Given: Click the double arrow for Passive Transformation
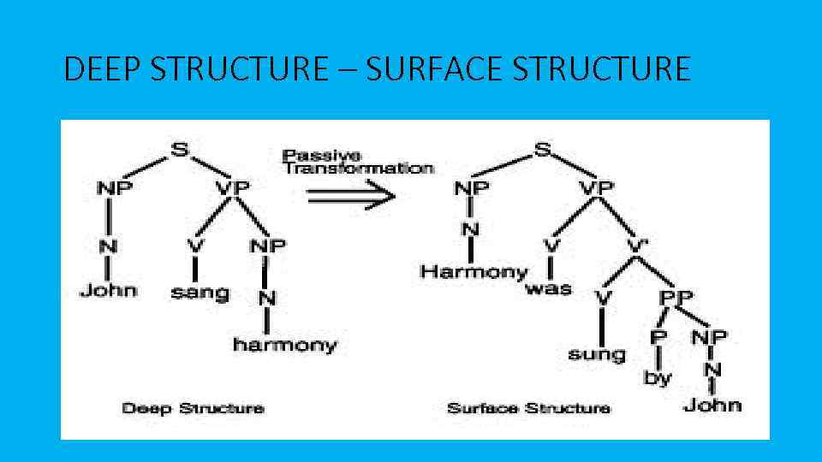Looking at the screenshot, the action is pos(351,195).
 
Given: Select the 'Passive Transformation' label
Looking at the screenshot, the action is pos(358,162).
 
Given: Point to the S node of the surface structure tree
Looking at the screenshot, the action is pos(543,151).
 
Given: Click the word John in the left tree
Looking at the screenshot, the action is pos(108,290).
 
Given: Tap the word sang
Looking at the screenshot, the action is pos(200,292).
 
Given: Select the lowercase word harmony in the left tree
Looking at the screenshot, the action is pos(284,345).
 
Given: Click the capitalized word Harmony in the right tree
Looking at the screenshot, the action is pos(474,272).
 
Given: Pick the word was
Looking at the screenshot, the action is pos(548,288).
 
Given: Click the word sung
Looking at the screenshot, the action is pos(597,353).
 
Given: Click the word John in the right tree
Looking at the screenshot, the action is pos(712,404).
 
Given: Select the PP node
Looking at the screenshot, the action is pos(676,297).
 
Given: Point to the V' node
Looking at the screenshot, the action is pos(636,246).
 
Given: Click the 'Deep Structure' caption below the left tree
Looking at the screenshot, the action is pos(193,407).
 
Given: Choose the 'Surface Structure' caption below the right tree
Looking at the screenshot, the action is pos(528,407).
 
